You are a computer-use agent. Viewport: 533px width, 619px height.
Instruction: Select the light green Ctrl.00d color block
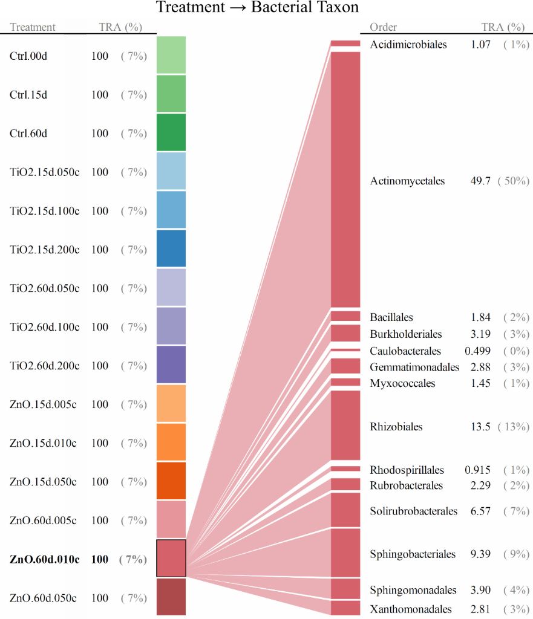[x=171, y=55]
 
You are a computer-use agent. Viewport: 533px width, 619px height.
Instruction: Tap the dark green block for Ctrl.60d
[x=171, y=132]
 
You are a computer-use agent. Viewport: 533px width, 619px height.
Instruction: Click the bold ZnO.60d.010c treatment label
[x=44, y=559]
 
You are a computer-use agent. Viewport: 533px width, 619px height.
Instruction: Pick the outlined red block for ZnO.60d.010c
[x=171, y=558]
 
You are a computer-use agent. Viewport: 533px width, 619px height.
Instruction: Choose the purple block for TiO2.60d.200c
[x=171, y=365]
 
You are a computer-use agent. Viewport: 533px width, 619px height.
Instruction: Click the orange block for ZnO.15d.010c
[x=171, y=442]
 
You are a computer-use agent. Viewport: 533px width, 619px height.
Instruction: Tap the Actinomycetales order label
[x=407, y=181]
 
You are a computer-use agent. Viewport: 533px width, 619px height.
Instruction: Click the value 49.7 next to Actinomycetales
[x=480, y=181]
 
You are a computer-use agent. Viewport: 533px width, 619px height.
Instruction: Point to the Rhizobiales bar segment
[x=345, y=426]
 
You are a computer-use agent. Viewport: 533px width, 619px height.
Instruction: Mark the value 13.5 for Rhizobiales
[x=480, y=427]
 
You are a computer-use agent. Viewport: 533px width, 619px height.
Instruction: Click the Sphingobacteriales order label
[x=412, y=554]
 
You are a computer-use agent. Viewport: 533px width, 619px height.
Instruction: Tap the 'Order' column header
[x=383, y=27]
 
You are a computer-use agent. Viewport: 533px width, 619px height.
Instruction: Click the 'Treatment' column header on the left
[x=33, y=27]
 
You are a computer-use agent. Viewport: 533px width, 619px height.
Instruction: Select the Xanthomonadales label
[x=411, y=608]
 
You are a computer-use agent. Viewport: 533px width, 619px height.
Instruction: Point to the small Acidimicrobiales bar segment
[x=345, y=44]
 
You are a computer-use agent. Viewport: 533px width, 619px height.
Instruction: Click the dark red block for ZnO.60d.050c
[x=171, y=597]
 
